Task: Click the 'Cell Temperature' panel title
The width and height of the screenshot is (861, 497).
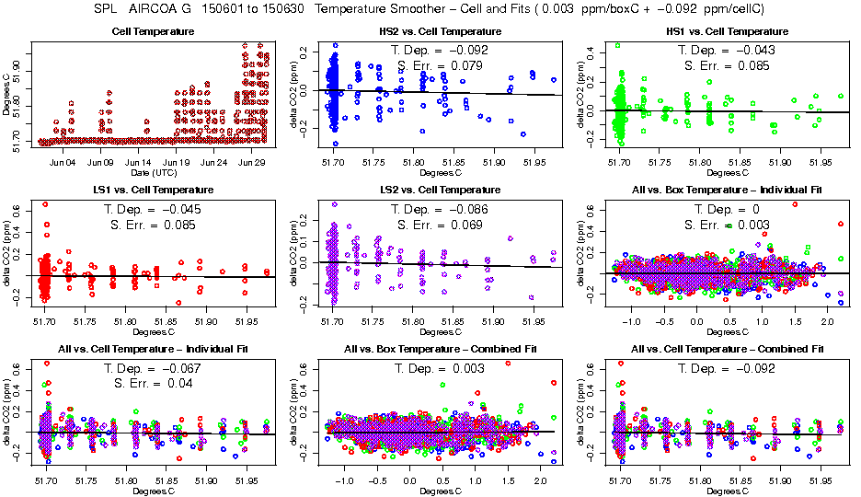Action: pyautogui.click(x=152, y=32)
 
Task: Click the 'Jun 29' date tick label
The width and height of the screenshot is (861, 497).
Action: pyautogui.click(x=252, y=162)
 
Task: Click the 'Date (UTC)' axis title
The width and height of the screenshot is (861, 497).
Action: pyautogui.click(x=152, y=173)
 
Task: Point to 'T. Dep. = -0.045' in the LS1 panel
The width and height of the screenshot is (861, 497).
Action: pyautogui.click(x=152, y=209)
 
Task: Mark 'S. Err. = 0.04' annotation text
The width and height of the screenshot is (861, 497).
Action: pyautogui.click(x=152, y=383)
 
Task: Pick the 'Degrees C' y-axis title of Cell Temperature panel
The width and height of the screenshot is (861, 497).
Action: pyautogui.click(x=7, y=95)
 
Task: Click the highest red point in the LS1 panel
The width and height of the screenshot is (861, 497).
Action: pyautogui.click(x=44, y=204)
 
